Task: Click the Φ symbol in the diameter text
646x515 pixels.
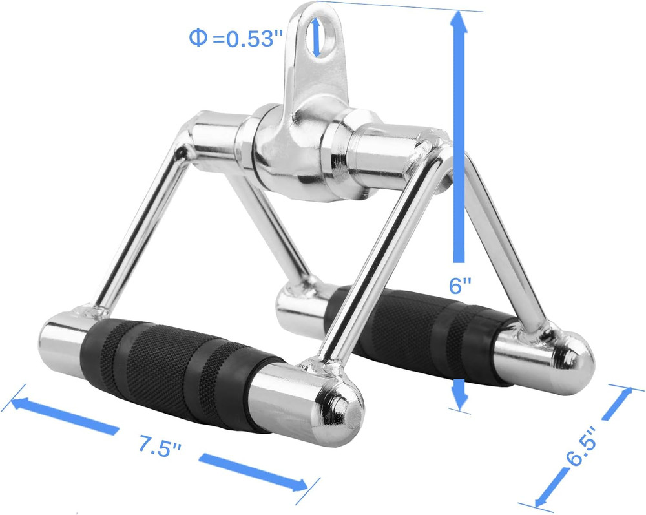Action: coord(197,38)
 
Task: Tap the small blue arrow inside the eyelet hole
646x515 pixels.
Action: coord(316,36)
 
